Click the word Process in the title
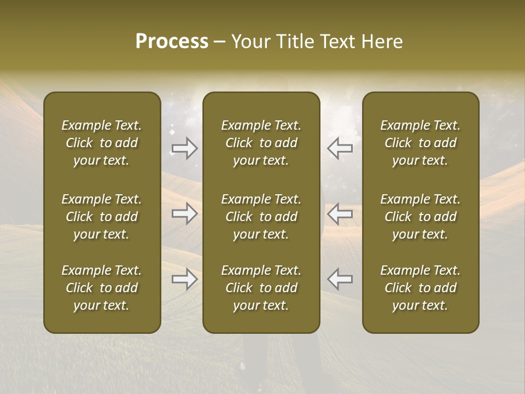click(x=172, y=42)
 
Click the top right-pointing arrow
click(x=184, y=148)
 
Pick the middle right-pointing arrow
click(x=184, y=213)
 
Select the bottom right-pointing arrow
click(x=184, y=279)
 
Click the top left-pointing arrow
click(x=340, y=148)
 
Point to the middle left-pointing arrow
click(x=340, y=213)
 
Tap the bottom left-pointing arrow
click(x=340, y=279)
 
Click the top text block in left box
click(x=102, y=143)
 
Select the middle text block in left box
click(x=102, y=217)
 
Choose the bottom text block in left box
click(x=102, y=288)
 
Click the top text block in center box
click(x=261, y=143)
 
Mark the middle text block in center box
click(x=261, y=217)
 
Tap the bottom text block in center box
click(x=261, y=288)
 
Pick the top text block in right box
click(x=421, y=143)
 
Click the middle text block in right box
click(x=421, y=217)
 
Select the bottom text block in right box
click(x=421, y=288)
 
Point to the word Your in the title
click(x=249, y=42)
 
